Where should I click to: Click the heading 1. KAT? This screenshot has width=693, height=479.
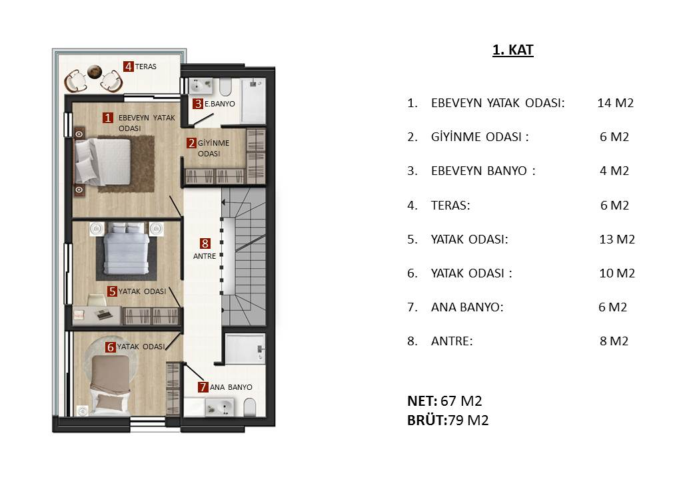point(512,50)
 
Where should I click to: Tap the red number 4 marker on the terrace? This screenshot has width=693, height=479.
point(128,67)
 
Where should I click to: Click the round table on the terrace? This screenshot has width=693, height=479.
point(94,71)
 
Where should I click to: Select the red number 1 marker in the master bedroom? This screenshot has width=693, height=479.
point(108,118)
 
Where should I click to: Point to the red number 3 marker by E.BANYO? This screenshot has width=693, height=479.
point(198,104)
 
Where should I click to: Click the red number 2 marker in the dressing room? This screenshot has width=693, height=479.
point(191,143)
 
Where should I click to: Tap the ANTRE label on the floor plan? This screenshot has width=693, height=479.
point(205,256)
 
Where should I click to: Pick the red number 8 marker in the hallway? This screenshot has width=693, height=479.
point(205,243)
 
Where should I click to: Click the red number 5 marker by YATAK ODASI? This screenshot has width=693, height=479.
point(112,291)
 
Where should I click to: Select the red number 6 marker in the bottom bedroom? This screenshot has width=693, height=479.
point(111,347)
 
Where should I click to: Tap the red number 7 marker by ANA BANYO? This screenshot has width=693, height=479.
point(203,387)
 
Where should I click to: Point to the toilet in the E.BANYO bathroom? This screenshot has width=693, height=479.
point(225,87)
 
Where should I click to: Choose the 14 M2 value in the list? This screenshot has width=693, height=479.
point(615,102)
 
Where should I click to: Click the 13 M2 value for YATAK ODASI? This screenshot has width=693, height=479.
point(617,239)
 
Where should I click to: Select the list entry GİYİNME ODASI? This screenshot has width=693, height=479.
point(480,137)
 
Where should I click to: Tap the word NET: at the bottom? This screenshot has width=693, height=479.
point(422,401)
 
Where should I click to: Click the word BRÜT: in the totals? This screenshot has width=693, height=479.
point(427,420)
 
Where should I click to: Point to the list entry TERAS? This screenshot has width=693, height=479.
point(450,205)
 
